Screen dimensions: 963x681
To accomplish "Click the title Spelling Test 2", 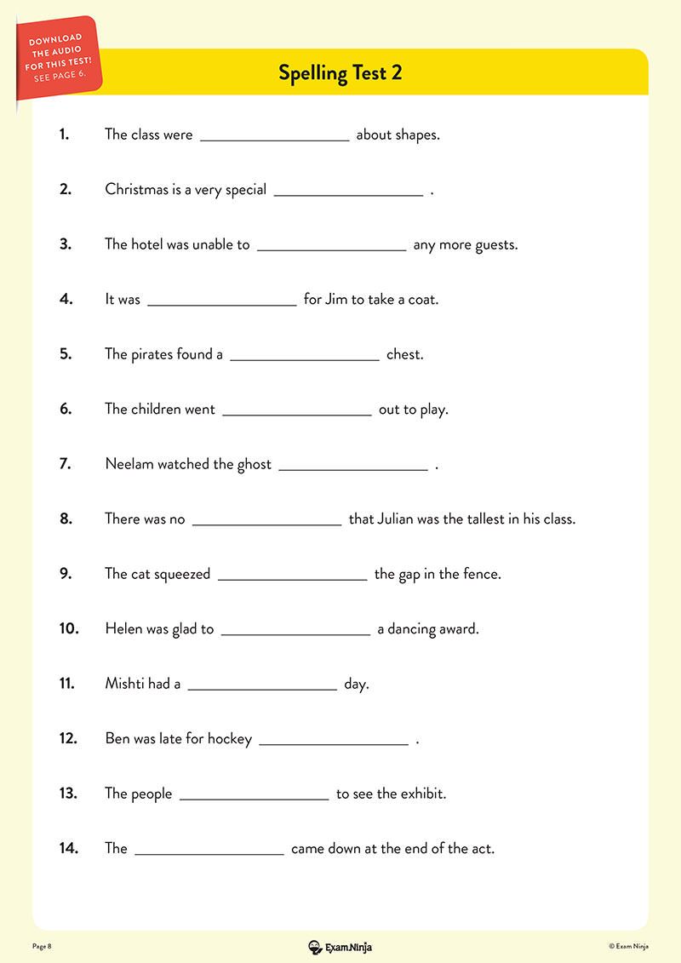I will (340, 73).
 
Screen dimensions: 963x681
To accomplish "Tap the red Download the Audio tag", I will (58, 56).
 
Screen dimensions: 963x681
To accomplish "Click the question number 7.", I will (66, 464).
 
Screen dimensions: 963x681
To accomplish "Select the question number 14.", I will (68, 848).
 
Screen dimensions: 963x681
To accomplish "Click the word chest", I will (404, 354).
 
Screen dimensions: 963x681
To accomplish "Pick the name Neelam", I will (129, 464).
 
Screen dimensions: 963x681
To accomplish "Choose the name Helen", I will (124, 629).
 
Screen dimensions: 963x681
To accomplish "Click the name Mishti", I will (125, 684).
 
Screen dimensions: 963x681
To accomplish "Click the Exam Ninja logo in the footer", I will (340, 946).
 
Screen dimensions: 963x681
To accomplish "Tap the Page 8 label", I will (43, 946).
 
